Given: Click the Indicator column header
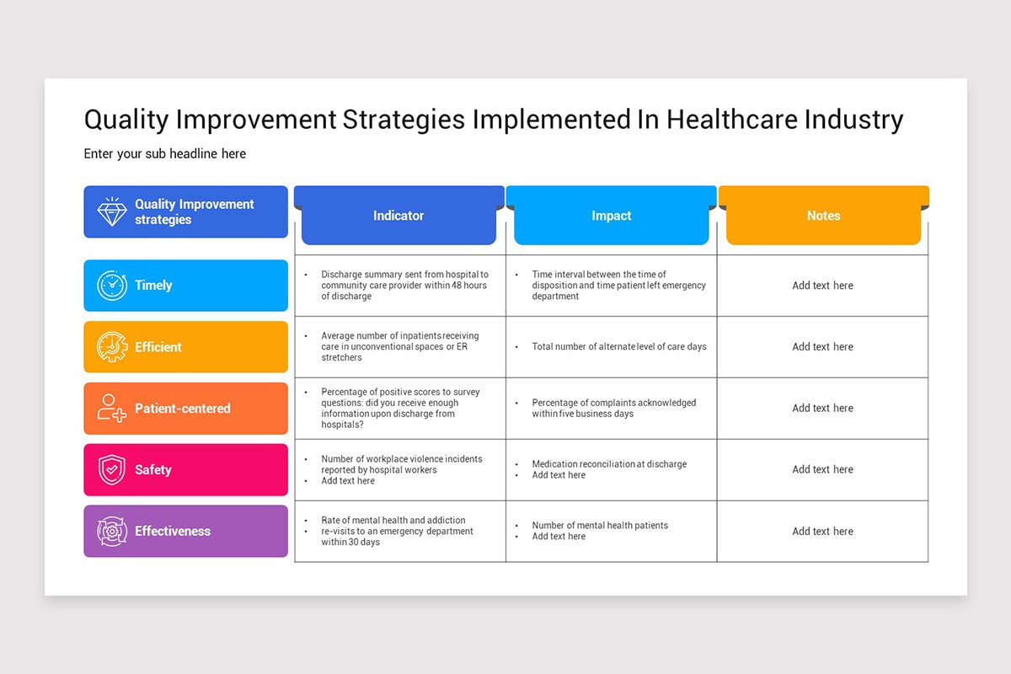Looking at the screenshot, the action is [399, 216].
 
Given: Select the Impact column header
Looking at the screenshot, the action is [611, 216].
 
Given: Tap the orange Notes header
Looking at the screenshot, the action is [823, 216].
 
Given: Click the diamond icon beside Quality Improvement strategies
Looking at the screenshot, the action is [112, 211].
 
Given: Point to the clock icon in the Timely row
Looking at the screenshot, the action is [112, 286].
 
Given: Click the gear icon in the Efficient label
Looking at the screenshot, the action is [112, 347].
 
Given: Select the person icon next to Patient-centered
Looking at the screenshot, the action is [112, 409].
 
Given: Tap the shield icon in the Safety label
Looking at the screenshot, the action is [112, 470].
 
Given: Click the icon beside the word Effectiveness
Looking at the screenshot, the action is [112, 532].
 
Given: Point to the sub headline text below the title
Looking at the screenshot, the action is [165, 154].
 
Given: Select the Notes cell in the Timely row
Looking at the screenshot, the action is [822, 286].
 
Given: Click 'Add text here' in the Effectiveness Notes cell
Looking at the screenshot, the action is [822, 532].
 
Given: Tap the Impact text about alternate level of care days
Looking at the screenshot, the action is [619, 347].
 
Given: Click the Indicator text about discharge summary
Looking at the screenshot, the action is [404, 286].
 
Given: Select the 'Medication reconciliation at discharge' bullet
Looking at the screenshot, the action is [609, 464].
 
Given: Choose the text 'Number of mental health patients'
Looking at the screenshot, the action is [600, 526].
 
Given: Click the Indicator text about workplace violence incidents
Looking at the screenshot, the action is [401, 464].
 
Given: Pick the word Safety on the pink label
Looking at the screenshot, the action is [153, 470].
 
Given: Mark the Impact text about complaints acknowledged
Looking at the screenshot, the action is [614, 409].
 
